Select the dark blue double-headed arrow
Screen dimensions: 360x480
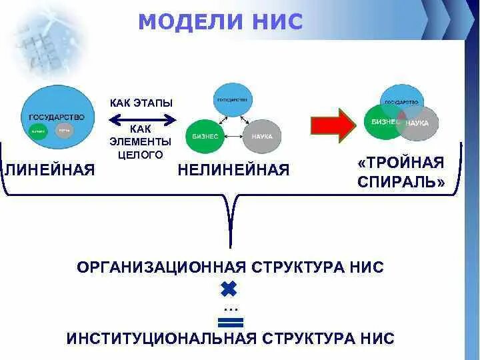141,119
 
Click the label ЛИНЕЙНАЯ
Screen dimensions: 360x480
49,170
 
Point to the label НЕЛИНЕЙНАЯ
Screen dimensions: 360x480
233,170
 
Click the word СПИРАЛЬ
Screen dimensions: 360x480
401,182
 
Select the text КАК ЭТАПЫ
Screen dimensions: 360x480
141,103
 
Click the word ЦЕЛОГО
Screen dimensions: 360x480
140,154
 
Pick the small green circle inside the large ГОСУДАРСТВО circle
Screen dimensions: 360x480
37,131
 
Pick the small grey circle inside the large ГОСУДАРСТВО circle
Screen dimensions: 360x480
65,131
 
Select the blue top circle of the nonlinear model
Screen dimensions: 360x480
231,101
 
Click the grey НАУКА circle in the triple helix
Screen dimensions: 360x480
419,125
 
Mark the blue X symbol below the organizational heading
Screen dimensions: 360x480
229,289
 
